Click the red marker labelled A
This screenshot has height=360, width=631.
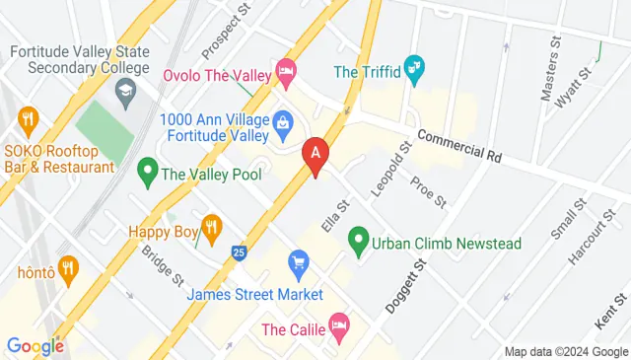click(x=315, y=155)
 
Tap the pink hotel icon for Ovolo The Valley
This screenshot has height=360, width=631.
click(x=286, y=69)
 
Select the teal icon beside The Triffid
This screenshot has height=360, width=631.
click(x=416, y=69)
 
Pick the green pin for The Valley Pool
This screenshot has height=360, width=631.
click(x=148, y=173)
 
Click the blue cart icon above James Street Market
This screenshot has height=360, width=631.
click(x=299, y=263)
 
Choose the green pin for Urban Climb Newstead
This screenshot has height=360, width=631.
click(x=358, y=242)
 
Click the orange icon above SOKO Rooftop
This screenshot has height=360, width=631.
click(x=27, y=120)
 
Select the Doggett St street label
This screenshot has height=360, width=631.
click(x=404, y=286)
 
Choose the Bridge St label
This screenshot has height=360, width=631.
click(x=163, y=263)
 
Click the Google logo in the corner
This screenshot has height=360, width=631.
click(x=35, y=346)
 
